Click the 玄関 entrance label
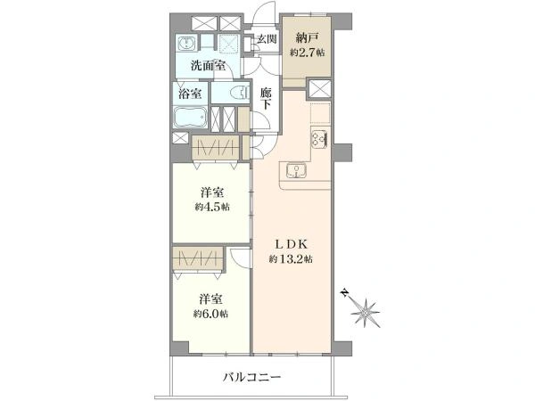click(267, 39)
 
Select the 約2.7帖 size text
click(308, 53)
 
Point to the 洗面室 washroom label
click(208, 65)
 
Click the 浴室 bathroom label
click(191, 93)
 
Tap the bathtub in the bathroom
click(191, 118)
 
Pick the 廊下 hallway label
click(266, 99)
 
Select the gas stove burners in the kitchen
click(320, 140)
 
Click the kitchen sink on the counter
click(297, 170)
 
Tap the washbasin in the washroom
click(186, 43)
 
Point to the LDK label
click(292, 244)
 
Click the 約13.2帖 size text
click(291, 259)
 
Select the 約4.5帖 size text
click(212, 207)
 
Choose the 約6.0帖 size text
click(210, 314)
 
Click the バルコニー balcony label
click(252, 378)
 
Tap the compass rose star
click(366, 313)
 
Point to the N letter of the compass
click(345, 293)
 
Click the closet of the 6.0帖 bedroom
click(198, 258)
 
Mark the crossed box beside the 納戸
click(320, 88)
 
